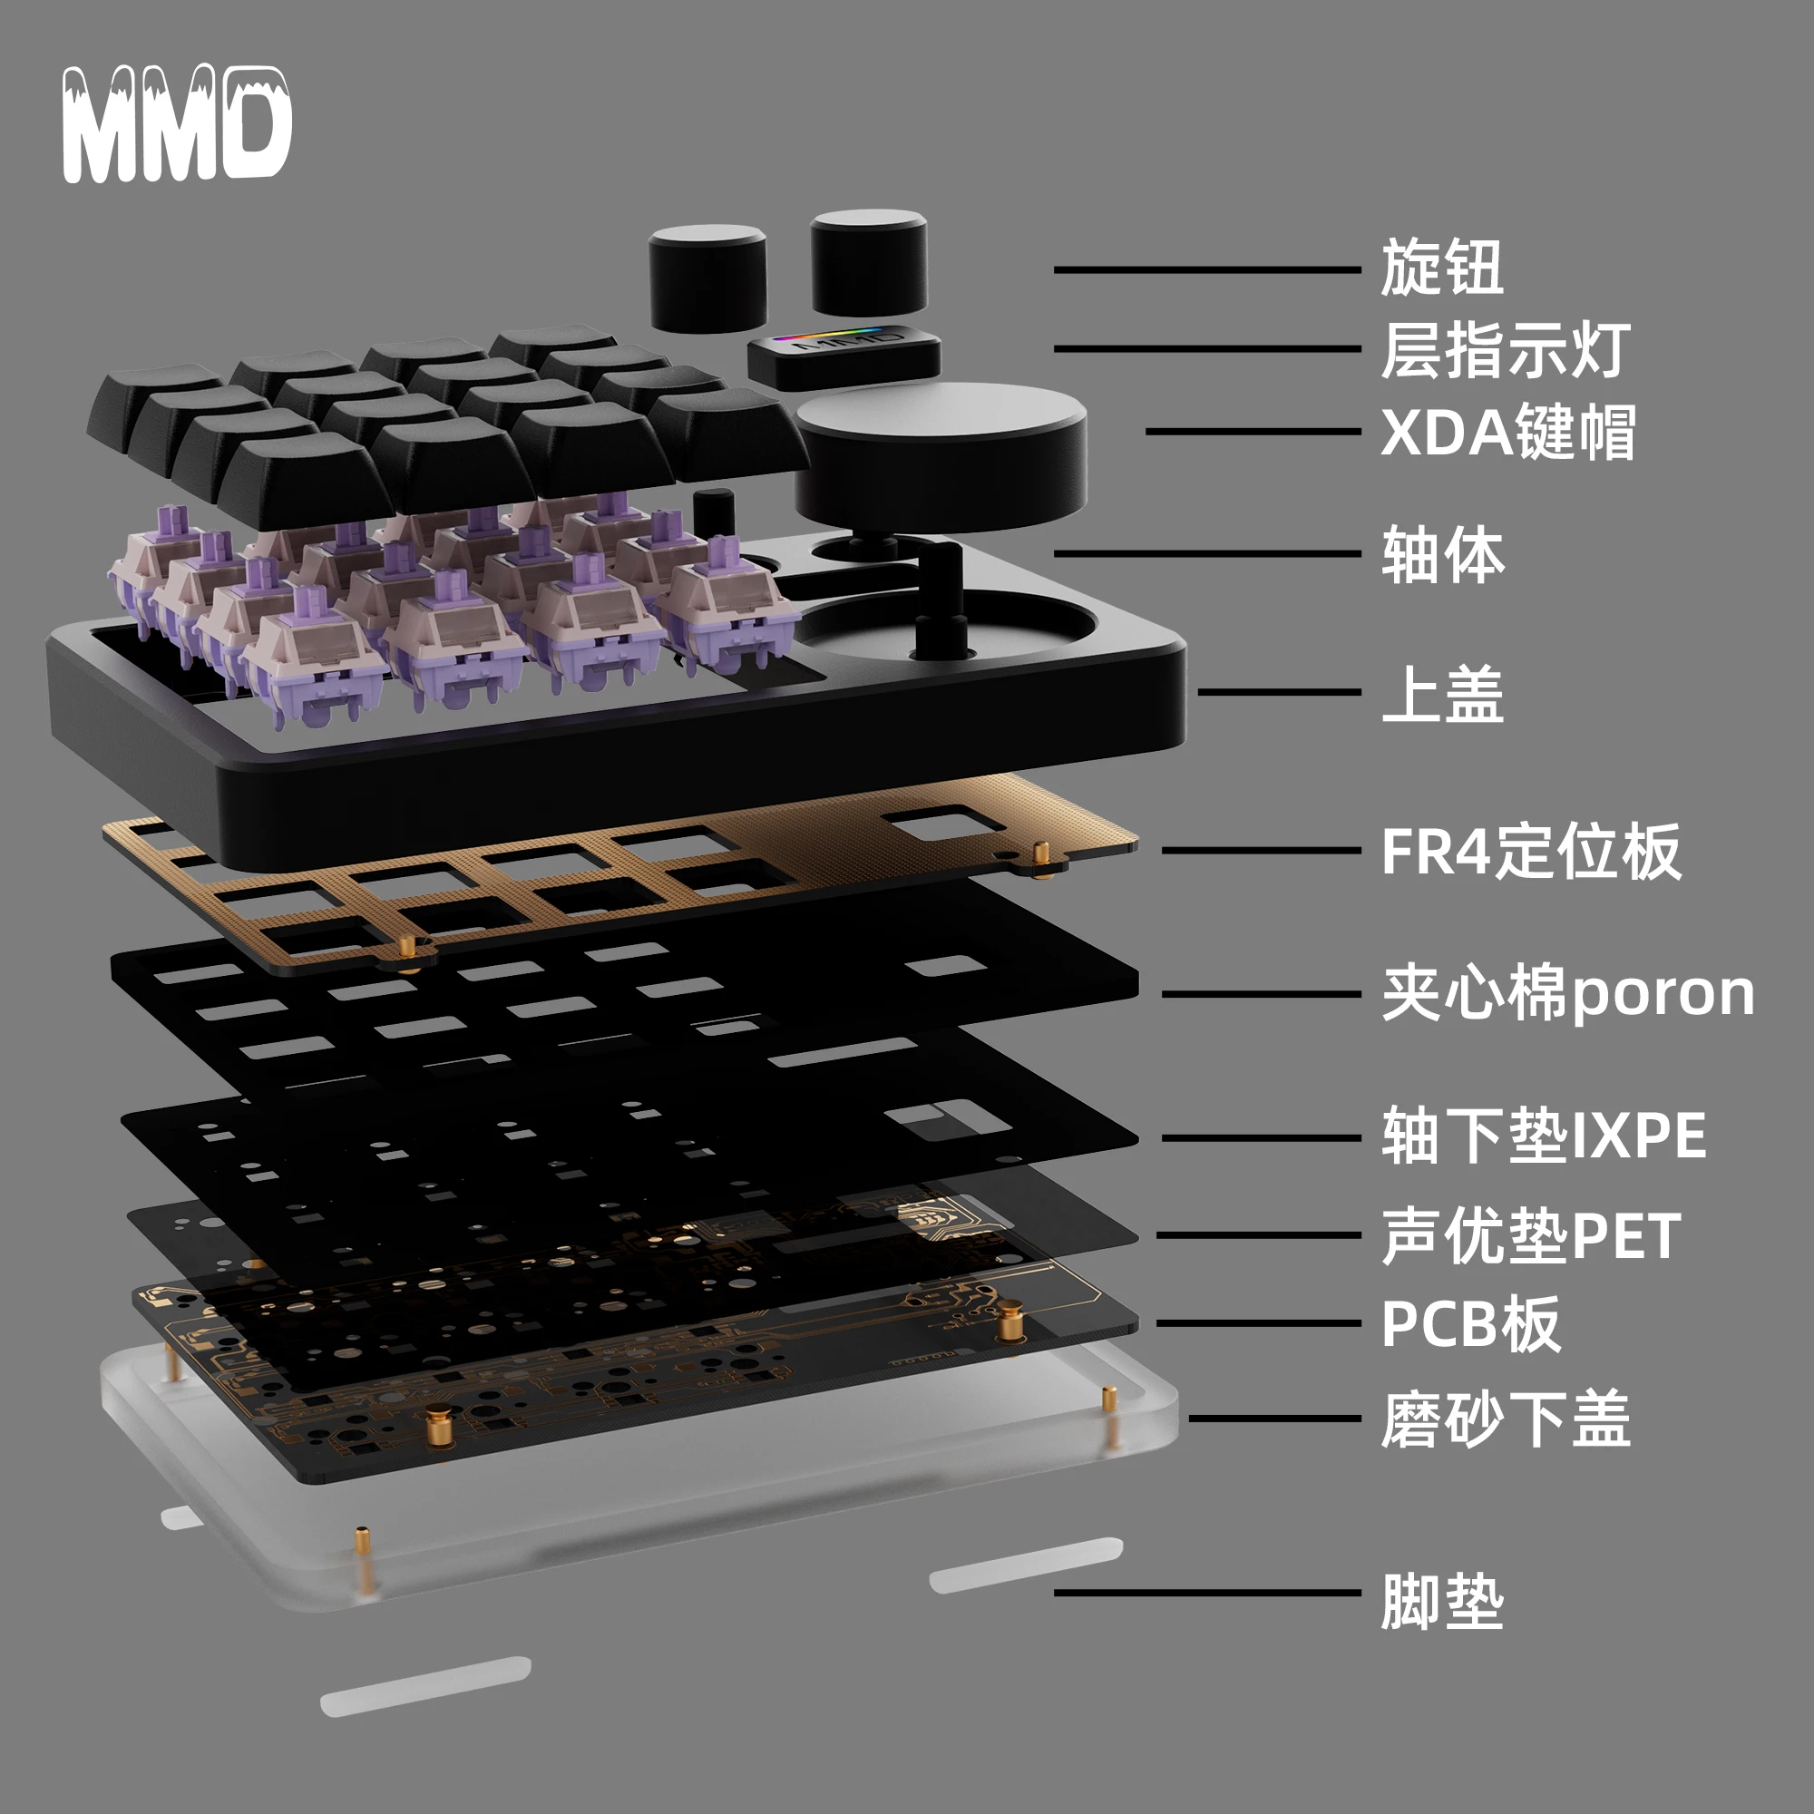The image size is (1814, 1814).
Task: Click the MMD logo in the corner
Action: click(x=177, y=124)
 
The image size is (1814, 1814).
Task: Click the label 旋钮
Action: click(x=1441, y=268)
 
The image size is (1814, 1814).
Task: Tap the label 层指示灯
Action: click(x=1505, y=350)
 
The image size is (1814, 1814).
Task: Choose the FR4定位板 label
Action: click(x=1530, y=852)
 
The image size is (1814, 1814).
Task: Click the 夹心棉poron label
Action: click(x=1567, y=993)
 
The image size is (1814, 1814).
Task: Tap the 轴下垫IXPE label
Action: click(x=1543, y=1136)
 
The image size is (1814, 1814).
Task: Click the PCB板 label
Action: click(x=1470, y=1324)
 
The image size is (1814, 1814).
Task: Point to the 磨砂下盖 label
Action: click(x=1505, y=1419)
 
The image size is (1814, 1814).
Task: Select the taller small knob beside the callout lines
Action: click(x=869, y=263)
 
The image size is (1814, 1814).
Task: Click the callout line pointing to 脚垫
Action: click(x=1206, y=1593)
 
